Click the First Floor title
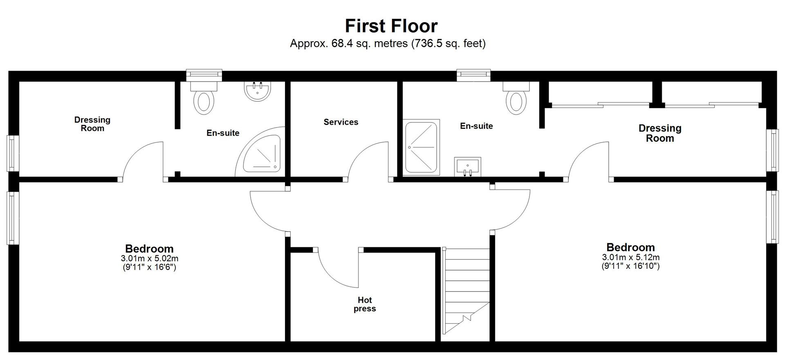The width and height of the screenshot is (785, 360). click(391, 26)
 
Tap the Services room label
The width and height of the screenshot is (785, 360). click(341, 122)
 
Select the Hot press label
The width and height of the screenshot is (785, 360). click(364, 304)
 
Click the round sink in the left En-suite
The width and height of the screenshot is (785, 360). click(257, 91)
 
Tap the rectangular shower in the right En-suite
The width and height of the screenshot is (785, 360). click(421, 148)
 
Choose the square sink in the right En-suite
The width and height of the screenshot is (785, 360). click(467, 167)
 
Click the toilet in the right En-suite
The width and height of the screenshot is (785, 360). click(516, 98)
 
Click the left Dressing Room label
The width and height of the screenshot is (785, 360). click(92, 124)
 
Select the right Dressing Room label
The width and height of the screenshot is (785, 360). click(660, 133)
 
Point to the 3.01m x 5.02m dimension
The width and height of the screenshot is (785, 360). click(150, 259)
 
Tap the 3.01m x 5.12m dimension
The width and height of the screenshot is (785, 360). click(631, 257)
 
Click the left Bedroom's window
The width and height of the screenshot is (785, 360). click(13, 218)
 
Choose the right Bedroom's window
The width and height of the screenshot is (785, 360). click(772, 217)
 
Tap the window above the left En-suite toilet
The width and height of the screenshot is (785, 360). click(204, 74)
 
